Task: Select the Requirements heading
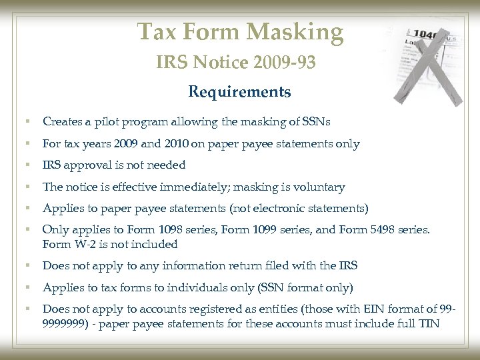point(239,91)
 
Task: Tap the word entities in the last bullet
point(234,309)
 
